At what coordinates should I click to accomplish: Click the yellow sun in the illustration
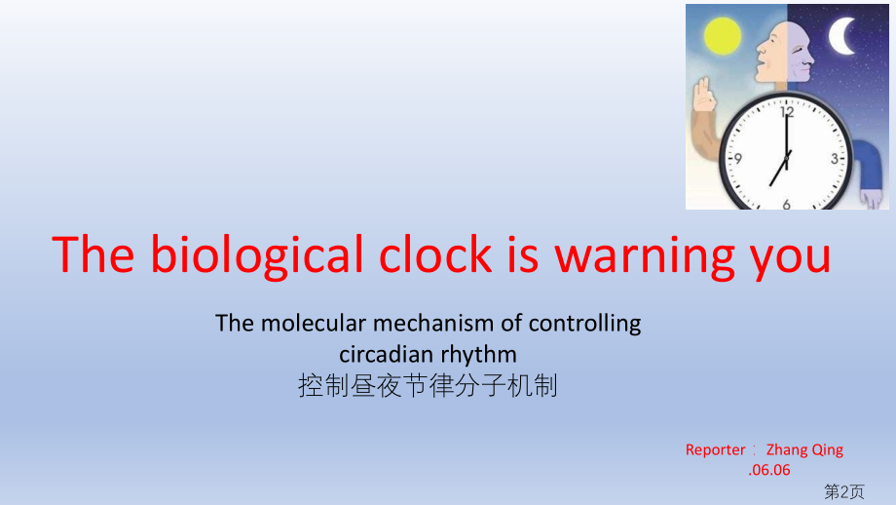(724, 38)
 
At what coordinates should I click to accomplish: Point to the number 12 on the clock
(787, 112)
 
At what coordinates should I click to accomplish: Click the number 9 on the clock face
(739, 158)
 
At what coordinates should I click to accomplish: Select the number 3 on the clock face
(836, 158)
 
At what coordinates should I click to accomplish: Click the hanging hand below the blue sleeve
(874, 199)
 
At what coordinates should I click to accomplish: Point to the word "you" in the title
(793, 254)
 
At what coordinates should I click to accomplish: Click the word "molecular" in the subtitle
(310, 323)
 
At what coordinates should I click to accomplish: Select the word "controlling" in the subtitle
(584, 323)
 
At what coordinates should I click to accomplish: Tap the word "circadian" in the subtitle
(385, 354)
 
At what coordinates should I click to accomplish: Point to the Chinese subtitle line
(428, 386)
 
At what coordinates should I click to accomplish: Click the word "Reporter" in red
(716, 449)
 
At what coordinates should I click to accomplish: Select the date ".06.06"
(769, 470)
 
